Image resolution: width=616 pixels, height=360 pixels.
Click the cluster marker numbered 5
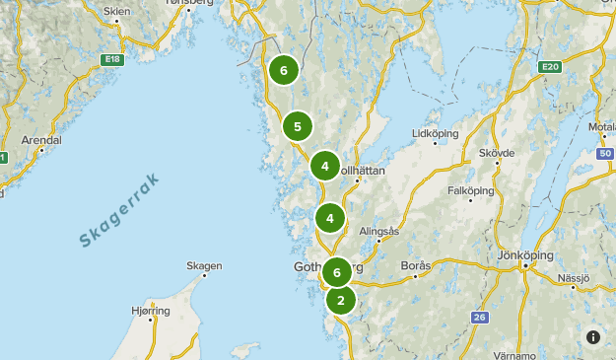[x=297, y=126]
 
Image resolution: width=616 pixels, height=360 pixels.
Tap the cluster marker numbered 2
[x=341, y=300]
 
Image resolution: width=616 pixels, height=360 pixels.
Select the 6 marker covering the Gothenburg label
[x=337, y=272]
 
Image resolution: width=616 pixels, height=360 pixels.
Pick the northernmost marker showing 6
[x=283, y=70]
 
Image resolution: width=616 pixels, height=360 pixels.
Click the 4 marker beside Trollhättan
[x=325, y=166]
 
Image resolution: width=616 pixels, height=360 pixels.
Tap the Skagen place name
[x=204, y=265]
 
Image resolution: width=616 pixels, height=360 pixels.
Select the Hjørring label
[x=151, y=311]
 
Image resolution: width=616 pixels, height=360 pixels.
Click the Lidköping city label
[x=435, y=133]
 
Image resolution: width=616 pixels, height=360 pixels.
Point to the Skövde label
[x=497, y=154]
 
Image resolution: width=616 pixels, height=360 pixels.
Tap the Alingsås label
[x=378, y=231]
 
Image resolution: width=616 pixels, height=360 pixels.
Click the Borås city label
[x=416, y=266]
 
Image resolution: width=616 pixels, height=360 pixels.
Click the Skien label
[x=116, y=12]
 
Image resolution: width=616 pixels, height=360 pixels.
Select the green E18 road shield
[x=111, y=60]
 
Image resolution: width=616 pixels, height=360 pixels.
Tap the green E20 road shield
[x=549, y=67]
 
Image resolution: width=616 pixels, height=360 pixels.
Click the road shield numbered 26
[x=479, y=317]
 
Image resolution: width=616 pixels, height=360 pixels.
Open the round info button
[x=593, y=336]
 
